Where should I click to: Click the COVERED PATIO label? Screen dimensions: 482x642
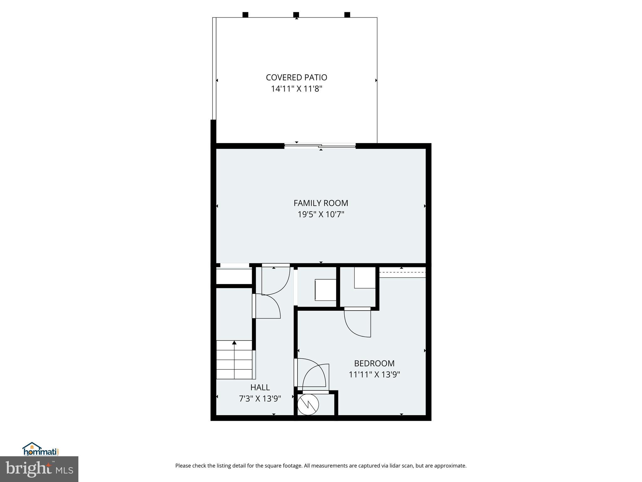(x=296, y=78)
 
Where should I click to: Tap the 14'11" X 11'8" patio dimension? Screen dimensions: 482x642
(x=296, y=89)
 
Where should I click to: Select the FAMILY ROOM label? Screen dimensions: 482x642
(x=321, y=203)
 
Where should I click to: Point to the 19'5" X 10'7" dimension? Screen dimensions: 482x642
(x=321, y=215)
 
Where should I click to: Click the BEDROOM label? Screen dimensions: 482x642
(x=374, y=363)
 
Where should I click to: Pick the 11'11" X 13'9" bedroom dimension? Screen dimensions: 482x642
(x=374, y=375)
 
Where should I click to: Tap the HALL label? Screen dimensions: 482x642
(x=260, y=387)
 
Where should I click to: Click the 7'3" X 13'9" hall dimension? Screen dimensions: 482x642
(x=260, y=399)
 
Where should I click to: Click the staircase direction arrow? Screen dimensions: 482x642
(x=234, y=343)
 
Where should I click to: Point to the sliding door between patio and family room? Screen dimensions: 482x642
(x=320, y=146)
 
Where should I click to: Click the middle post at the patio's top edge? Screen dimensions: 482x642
(x=296, y=15)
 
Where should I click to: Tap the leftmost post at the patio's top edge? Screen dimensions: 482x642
(x=245, y=15)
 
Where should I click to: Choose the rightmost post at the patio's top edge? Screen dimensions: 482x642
(x=347, y=15)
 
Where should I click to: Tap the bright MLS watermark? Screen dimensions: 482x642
(x=39, y=469)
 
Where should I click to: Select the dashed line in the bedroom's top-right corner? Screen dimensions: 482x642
(x=402, y=272)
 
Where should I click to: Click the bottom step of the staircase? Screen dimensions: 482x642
(x=234, y=375)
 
